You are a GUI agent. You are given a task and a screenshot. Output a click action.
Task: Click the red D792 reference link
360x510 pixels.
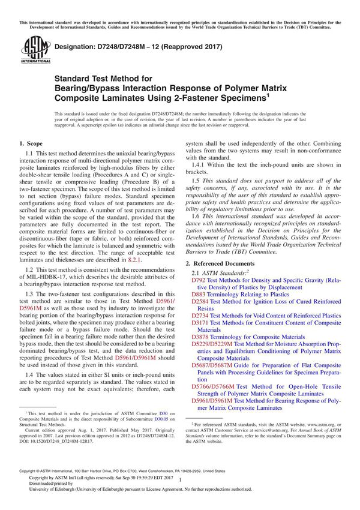pos(198,280)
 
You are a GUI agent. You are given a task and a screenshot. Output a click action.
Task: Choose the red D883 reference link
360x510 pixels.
pos(198,295)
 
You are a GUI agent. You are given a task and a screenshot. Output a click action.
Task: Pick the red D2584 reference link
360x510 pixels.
pos(200,302)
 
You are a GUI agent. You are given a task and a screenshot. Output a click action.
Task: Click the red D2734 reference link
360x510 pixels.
pos(200,316)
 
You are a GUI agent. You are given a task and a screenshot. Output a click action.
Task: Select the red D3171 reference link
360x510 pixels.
pos(200,323)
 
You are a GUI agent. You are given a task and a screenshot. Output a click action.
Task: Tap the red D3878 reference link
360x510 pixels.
pos(200,337)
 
